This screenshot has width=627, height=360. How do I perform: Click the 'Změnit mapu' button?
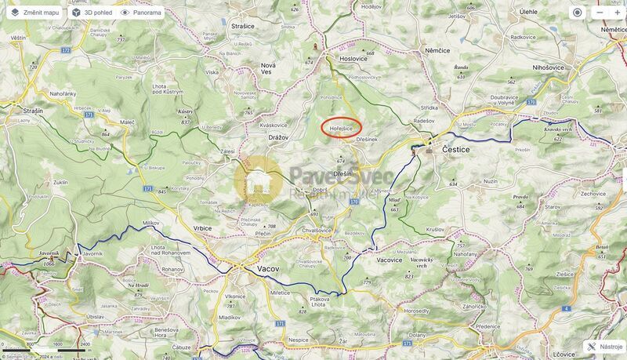click(34, 13)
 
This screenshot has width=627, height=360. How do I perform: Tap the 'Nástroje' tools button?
click(604, 346)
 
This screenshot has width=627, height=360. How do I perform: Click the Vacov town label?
click(268, 268)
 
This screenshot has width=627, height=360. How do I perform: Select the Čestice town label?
click(455, 148)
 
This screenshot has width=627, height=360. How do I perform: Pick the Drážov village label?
click(278, 137)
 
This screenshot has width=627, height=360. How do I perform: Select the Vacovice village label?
click(389, 260)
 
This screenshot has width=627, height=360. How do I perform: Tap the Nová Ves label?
click(269, 69)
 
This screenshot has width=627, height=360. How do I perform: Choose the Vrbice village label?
click(202, 228)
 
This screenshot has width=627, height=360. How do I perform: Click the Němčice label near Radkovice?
click(437, 49)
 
